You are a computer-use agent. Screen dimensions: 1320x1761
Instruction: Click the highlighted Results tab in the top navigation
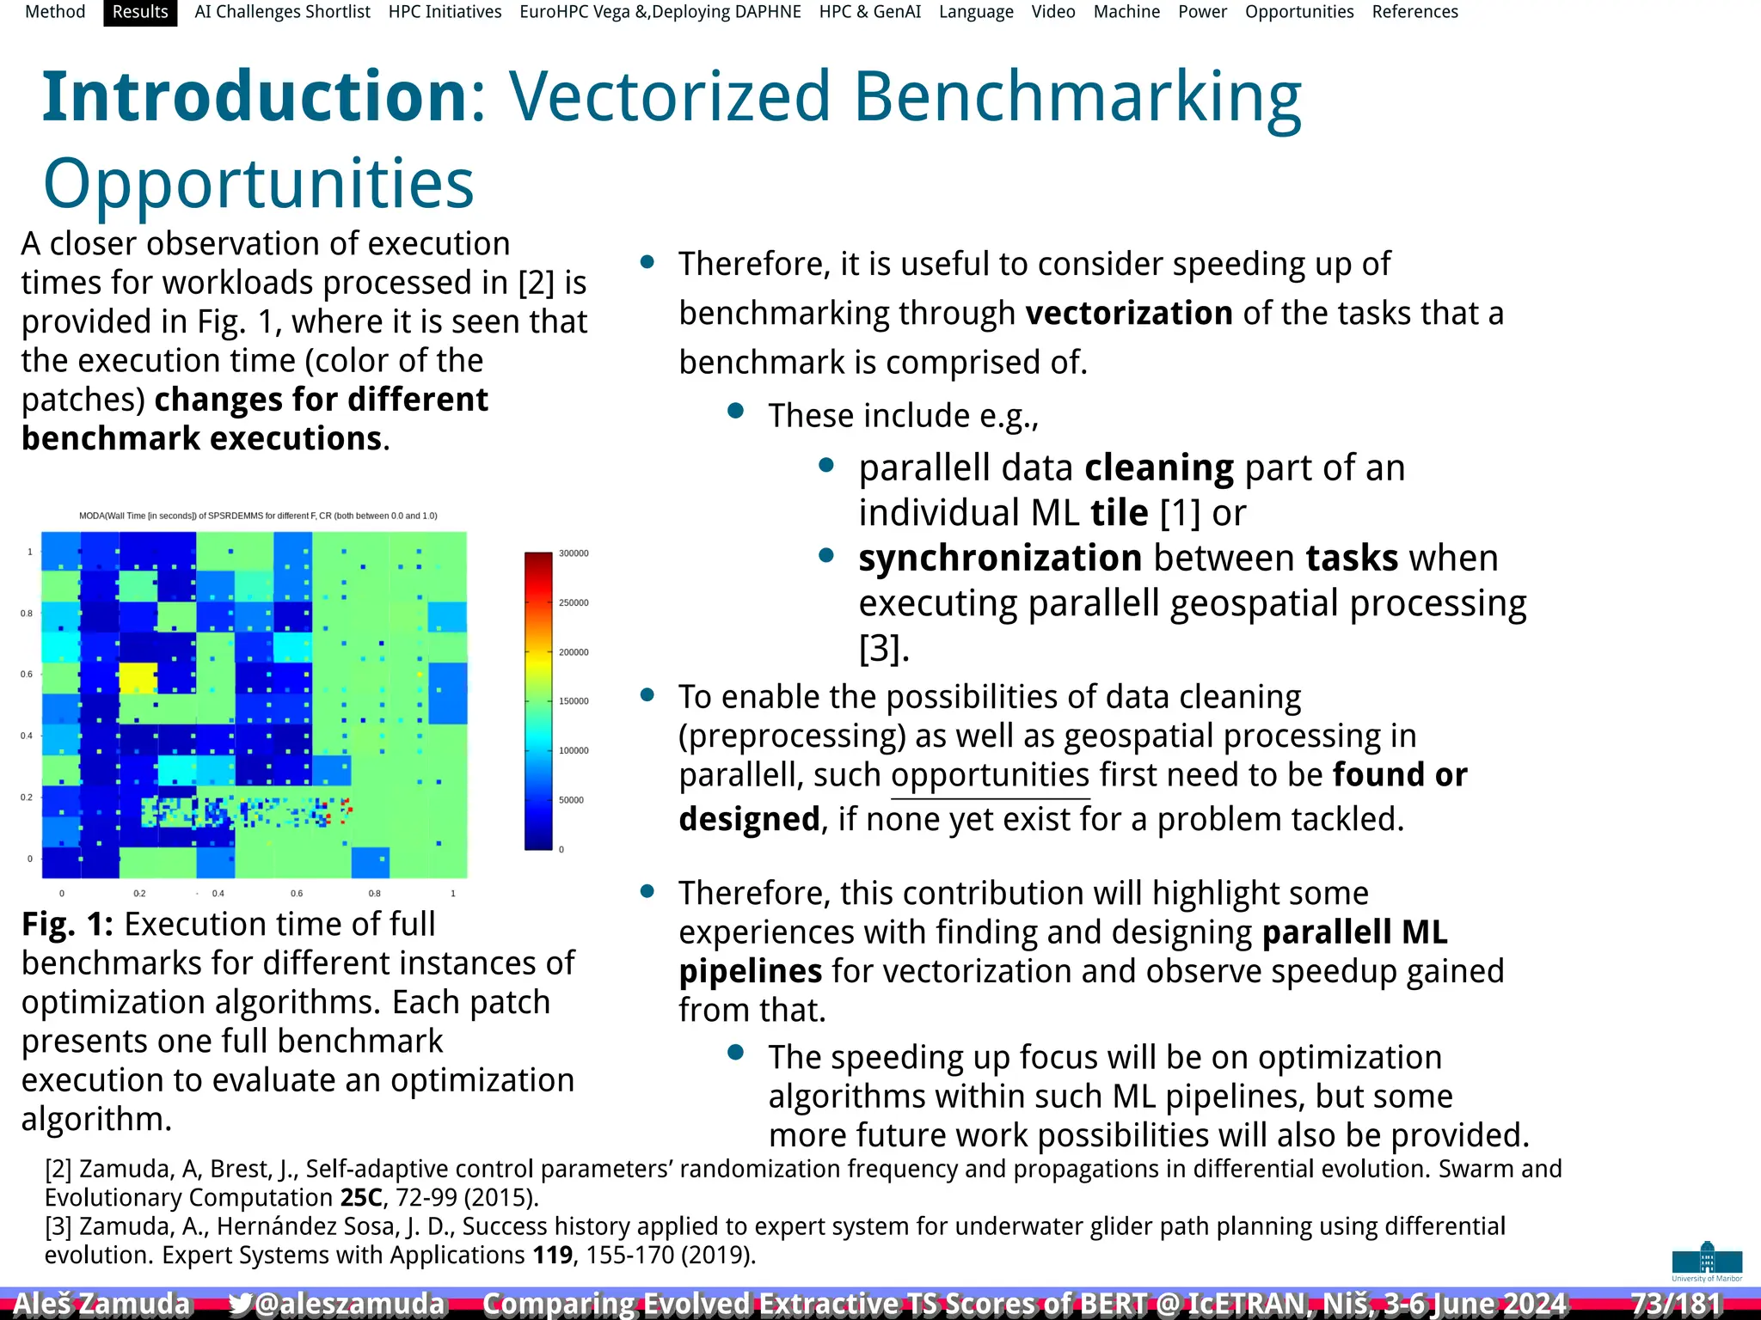[x=140, y=12]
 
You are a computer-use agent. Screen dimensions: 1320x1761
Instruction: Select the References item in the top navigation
[x=1414, y=12]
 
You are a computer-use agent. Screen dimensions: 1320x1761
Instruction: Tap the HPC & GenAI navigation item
[x=869, y=12]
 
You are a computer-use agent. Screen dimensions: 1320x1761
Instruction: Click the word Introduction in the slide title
[x=255, y=96]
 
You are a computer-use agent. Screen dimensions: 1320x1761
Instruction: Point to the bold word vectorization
[x=1129, y=313]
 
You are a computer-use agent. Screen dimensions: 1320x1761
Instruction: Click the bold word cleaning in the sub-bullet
[x=1159, y=468]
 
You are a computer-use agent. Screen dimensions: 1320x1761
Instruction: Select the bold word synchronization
[x=1000, y=559]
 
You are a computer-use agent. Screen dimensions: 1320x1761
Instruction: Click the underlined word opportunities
[x=991, y=775]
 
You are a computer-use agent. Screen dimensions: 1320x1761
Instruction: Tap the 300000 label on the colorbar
[x=574, y=553]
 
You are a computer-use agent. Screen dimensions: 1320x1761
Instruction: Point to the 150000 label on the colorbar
[x=574, y=701]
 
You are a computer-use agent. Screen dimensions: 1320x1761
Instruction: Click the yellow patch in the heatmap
[x=138, y=678]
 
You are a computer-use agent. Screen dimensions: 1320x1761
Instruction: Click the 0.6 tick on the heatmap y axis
[x=27, y=675]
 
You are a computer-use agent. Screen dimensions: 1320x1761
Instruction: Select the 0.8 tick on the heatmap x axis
[x=375, y=894]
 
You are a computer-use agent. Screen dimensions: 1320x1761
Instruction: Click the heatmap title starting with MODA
[x=258, y=516]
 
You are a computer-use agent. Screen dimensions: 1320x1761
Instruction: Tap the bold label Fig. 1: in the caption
[x=67, y=925]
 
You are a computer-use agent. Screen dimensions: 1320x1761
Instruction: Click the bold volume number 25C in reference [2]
[x=360, y=1198]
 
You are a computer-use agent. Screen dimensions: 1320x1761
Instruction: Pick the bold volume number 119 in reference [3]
[x=552, y=1256]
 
